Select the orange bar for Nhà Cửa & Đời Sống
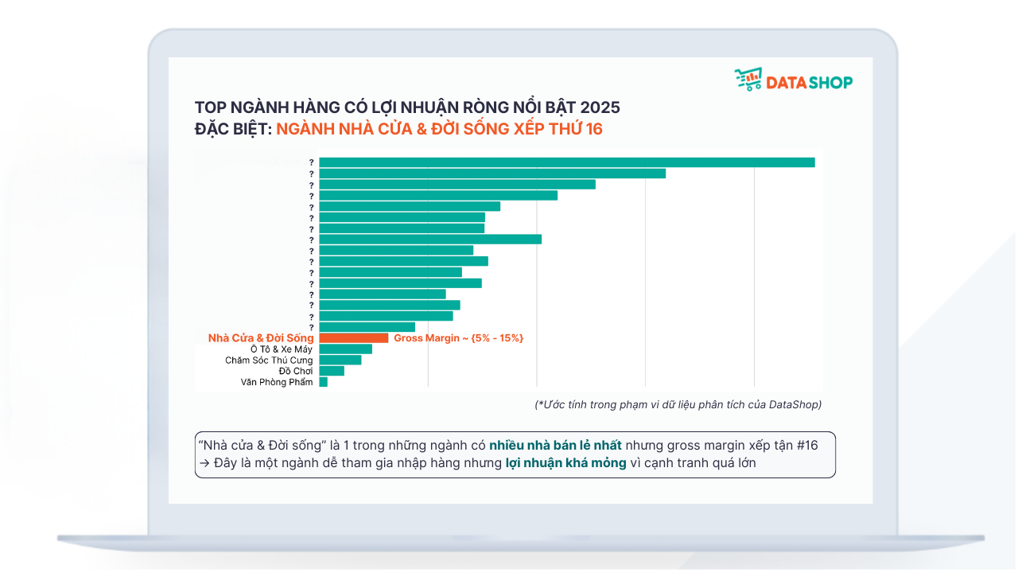pos(353,338)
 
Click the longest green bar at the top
pos(566,162)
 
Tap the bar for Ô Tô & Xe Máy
pos(345,349)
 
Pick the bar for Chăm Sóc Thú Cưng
pos(340,360)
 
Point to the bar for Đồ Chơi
pos(331,371)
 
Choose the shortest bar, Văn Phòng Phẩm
pos(323,382)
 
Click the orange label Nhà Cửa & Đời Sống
pos(261,338)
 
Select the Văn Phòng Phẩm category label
pos(277,382)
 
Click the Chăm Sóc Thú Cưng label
pos(269,361)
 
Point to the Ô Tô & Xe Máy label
pos(282,349)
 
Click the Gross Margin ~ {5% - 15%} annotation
pos(458,338)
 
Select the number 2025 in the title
pos(600,107)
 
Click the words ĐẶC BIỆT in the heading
pos(231,129)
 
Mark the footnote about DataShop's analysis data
pos(678,404)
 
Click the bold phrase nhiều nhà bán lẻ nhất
pos(555,446)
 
